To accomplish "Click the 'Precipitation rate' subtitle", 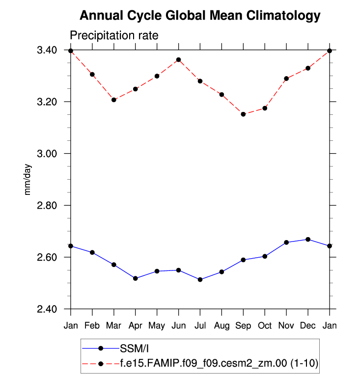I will (113, 36).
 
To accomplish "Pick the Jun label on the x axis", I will (178, 326).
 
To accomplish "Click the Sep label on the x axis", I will (243, 326).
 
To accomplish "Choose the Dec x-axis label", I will (308, 326).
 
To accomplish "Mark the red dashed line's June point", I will (178, 60).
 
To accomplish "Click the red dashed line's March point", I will (114, 100).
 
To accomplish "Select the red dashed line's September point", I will (243, 114).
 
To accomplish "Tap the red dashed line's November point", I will (286, 79).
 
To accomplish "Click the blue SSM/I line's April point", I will (136, 278).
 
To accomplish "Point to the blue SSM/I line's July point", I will (200, 279).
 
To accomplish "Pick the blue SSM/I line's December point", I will (308, 240).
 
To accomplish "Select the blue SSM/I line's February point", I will (92, 252).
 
